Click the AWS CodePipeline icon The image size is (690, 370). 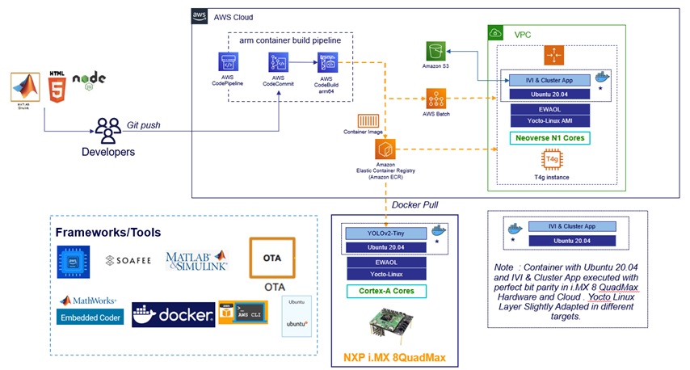point(227,61)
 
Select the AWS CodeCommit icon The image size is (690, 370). point(278,62)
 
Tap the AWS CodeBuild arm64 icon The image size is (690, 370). point(327,62)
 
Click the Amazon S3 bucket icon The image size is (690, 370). point(436,53)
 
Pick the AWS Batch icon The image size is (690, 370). point(436,99)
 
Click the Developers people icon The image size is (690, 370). point(107,129)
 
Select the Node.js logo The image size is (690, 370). point(89,83)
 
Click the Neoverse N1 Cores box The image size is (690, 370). point(552,138)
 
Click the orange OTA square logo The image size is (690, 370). point(271,258)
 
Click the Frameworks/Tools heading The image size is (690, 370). point(107,232)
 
